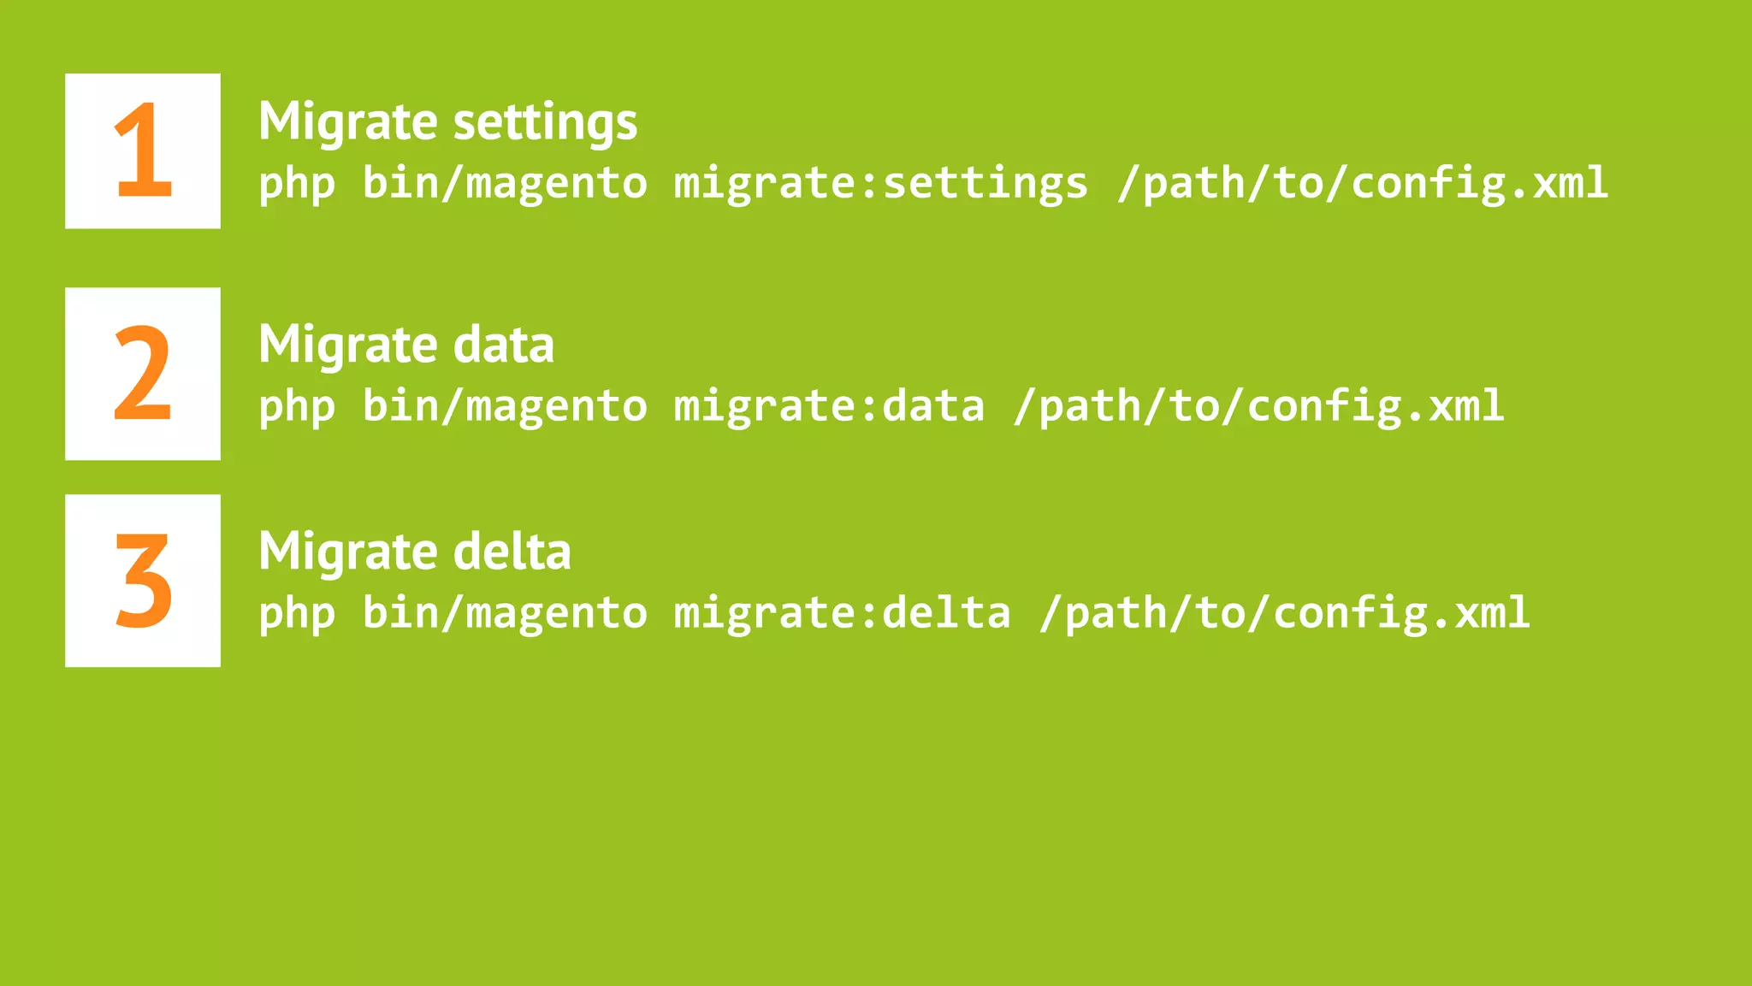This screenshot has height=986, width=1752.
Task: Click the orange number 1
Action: [x=143, y=150]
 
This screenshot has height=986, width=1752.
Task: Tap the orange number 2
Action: [x=143, y=374]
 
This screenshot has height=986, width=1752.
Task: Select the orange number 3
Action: [x=143, y=581]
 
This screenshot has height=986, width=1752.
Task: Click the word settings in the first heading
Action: [x=545, y=121]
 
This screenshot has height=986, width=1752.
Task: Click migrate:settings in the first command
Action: [x=881, y=184]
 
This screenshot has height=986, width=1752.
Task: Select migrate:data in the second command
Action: [x=829, y=406]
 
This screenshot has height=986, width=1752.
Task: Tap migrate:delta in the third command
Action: [x=842, y=613]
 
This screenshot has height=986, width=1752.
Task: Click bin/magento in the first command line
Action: [x=505, y=184]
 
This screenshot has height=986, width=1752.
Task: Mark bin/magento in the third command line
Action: [x=505, y=613]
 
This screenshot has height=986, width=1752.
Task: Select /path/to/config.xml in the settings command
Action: [x=1363, y=184]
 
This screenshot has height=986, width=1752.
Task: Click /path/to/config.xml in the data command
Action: [x=1258, y=406]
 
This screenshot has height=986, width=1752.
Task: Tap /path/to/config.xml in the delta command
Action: [x=1284, y=613]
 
